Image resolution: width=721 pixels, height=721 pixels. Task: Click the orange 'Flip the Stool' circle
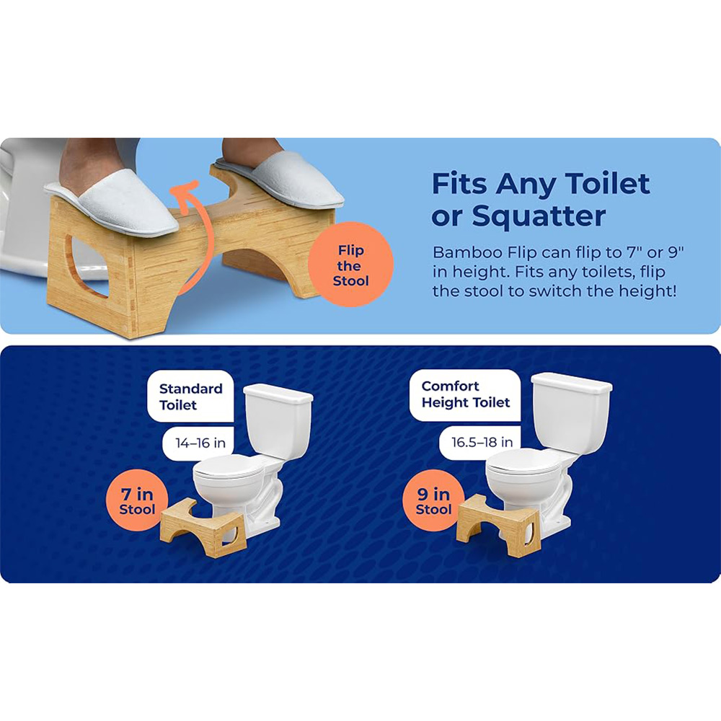point(350,265)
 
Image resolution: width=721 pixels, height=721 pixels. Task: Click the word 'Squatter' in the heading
point(539,216)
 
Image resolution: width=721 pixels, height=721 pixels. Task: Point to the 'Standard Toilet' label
point(190,397)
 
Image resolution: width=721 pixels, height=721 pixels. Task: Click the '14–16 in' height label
point(200,443)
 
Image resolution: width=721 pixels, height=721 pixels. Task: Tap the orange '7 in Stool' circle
point(138,501)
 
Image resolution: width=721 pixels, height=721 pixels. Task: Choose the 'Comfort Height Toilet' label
point(465,394)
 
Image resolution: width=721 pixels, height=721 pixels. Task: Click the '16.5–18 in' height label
point(481,443)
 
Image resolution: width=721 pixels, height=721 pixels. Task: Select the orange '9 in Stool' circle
point(433,501)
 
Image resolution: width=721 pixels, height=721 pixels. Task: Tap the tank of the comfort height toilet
point(571,412)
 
